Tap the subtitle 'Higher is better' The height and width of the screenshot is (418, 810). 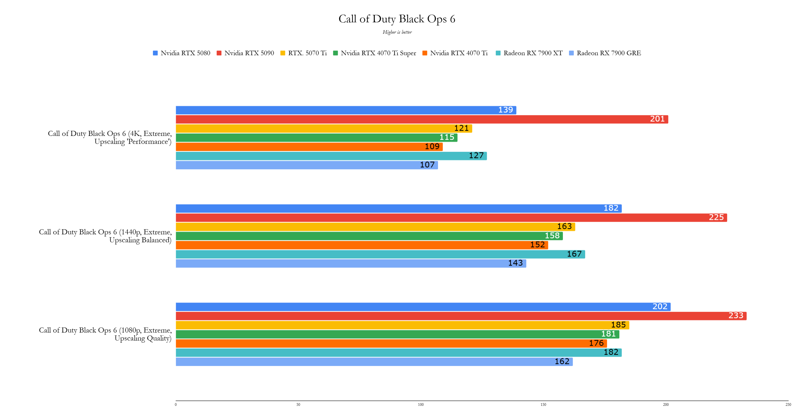[x=397, y=32]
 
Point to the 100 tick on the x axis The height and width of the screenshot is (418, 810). [x=421, y=404]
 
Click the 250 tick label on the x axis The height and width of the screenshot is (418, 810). [x=788, y=404]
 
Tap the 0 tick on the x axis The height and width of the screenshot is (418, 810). [x=176, y=404]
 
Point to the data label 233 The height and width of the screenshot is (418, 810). [x=735, y=315]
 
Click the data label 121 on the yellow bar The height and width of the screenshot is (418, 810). [x=461, y=128]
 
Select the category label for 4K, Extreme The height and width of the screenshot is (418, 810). [x=110, y=137]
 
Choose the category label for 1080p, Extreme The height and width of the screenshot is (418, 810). [x=105, y=334]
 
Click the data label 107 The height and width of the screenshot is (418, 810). [x=427, y=165]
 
